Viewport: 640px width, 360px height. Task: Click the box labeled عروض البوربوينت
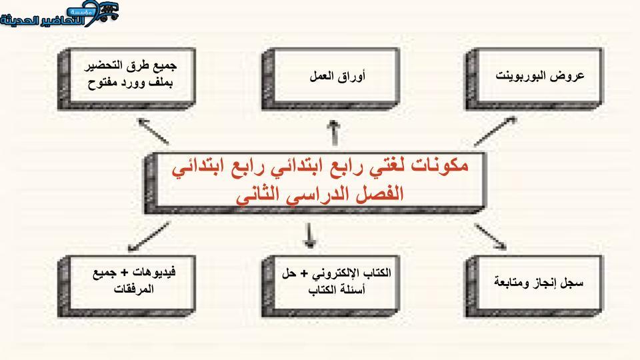(534, 79)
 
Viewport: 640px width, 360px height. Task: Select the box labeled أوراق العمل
(330, 79)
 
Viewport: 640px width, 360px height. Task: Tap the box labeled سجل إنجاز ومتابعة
(534, 287)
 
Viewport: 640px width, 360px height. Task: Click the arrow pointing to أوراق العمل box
(334, 133)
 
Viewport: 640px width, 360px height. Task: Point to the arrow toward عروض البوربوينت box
(495, 131)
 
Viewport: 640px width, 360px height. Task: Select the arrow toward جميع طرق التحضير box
(153, 131)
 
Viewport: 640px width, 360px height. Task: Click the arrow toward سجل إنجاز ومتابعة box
(490, 236)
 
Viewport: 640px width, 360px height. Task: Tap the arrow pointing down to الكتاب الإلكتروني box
(309, 235)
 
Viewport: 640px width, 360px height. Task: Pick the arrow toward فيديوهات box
(149, 236)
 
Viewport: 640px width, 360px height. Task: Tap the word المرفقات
(133, 289)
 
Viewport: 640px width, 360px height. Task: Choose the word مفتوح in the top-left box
(103, 83)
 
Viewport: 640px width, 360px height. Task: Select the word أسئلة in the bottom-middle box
(353, 289)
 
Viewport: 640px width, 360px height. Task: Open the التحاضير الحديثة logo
(59, 14)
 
